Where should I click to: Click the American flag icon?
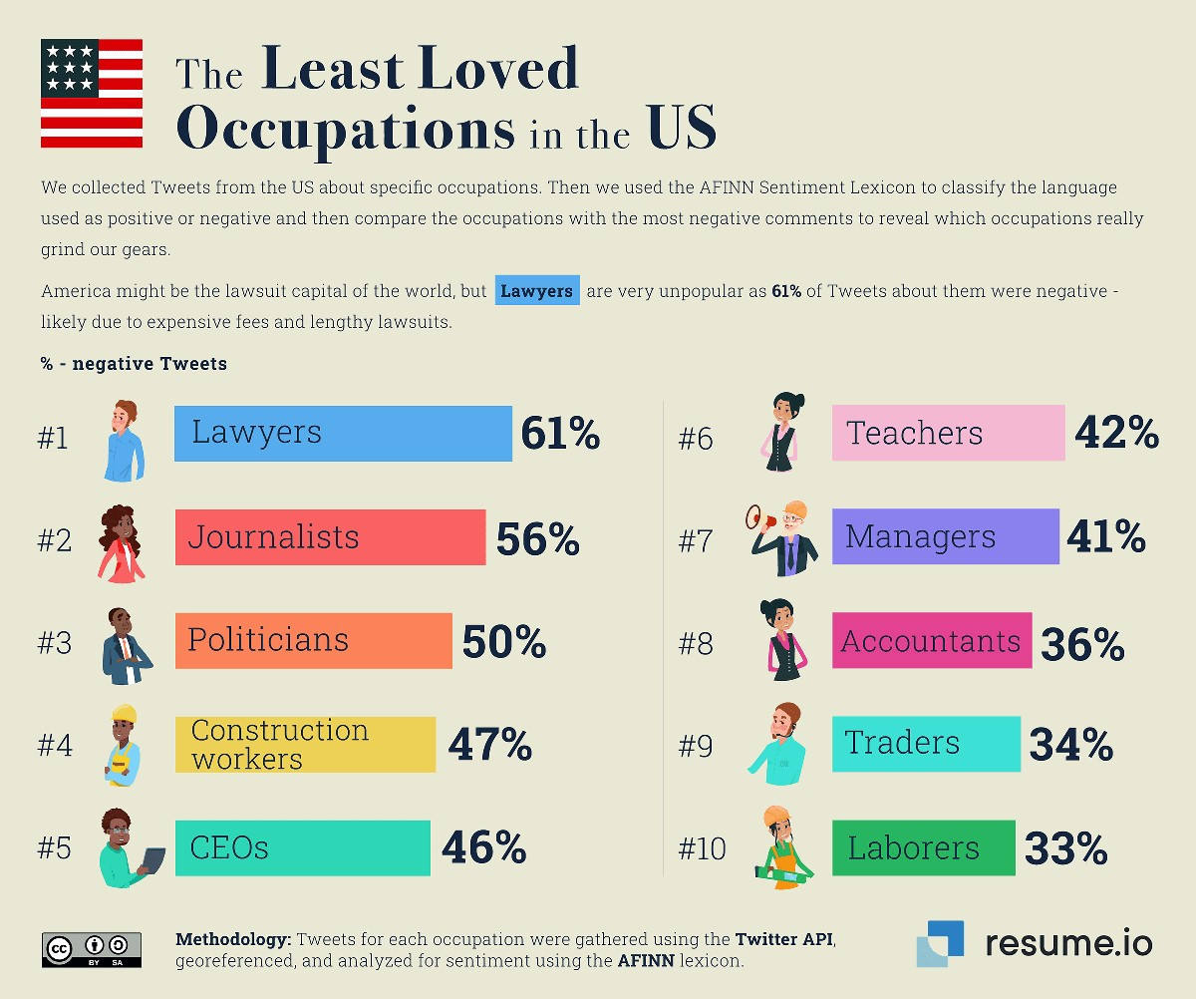coord(92,94)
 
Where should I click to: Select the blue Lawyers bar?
coord(343,434)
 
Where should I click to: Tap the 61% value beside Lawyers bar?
coord(560,434)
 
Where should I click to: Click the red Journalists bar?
coord(330,537)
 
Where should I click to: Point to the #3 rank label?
coord(54,643)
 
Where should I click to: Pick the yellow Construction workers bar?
coord(305,745)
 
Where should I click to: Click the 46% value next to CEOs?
coord(484,847)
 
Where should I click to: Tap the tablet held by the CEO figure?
coord(154,861)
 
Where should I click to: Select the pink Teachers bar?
coord(948,433)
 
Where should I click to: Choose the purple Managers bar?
coord(945,537)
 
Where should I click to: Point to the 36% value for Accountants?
coord(1082,644)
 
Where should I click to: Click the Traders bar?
coord(926,744)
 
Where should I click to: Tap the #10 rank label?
coord(703,849)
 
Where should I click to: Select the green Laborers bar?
coord(923,848)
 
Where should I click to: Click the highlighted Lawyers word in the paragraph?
coord(537,291)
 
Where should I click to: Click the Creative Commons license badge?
coord(91,950)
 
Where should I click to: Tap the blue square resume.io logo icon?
coord(940,943)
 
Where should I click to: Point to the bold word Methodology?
coord(233,939)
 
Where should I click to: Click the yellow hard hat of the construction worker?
coord(124,715)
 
